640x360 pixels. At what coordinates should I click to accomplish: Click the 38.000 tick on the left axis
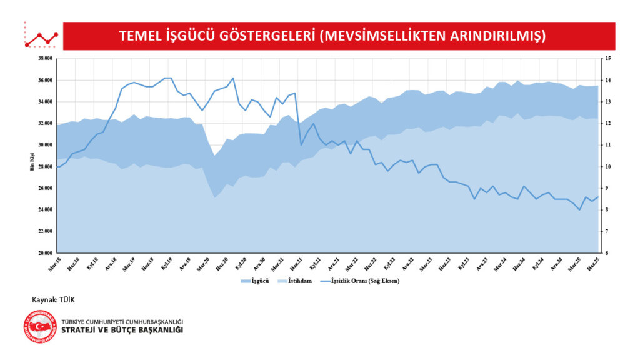44,59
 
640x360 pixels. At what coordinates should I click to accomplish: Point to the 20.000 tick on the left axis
44,253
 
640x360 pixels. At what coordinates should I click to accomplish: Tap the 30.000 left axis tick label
44,145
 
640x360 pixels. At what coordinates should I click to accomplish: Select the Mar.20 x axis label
203,263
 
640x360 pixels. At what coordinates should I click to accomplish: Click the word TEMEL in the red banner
141,36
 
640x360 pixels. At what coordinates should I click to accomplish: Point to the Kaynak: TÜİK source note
53,300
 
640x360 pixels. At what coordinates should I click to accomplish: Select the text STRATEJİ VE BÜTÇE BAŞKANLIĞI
122,330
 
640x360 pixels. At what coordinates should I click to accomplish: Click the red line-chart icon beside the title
41,37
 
